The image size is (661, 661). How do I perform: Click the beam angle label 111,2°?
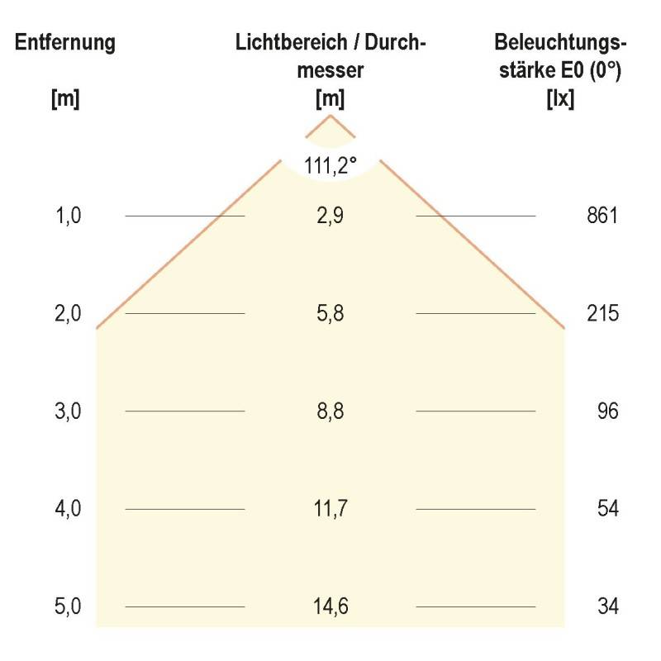click(330, 165)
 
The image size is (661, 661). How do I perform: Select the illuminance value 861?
click(601, 216)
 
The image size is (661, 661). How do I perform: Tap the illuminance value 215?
click(601, 314)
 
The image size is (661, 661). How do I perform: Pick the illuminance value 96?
click(607, 411)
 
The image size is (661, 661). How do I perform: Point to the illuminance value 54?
click(608, 508)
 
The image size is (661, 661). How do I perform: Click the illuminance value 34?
click(608, 606)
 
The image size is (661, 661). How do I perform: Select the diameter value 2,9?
click(330, 216)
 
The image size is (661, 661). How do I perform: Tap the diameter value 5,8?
click(330, 314)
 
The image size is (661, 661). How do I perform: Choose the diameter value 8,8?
click(330, 411)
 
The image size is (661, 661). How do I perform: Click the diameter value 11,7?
click(330, 508)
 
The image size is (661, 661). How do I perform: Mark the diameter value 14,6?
click(330, 606)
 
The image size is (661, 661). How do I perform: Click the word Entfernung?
click(65, 43)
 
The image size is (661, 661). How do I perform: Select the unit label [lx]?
click(561, 99)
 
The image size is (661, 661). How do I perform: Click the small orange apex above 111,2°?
click(330, 118)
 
